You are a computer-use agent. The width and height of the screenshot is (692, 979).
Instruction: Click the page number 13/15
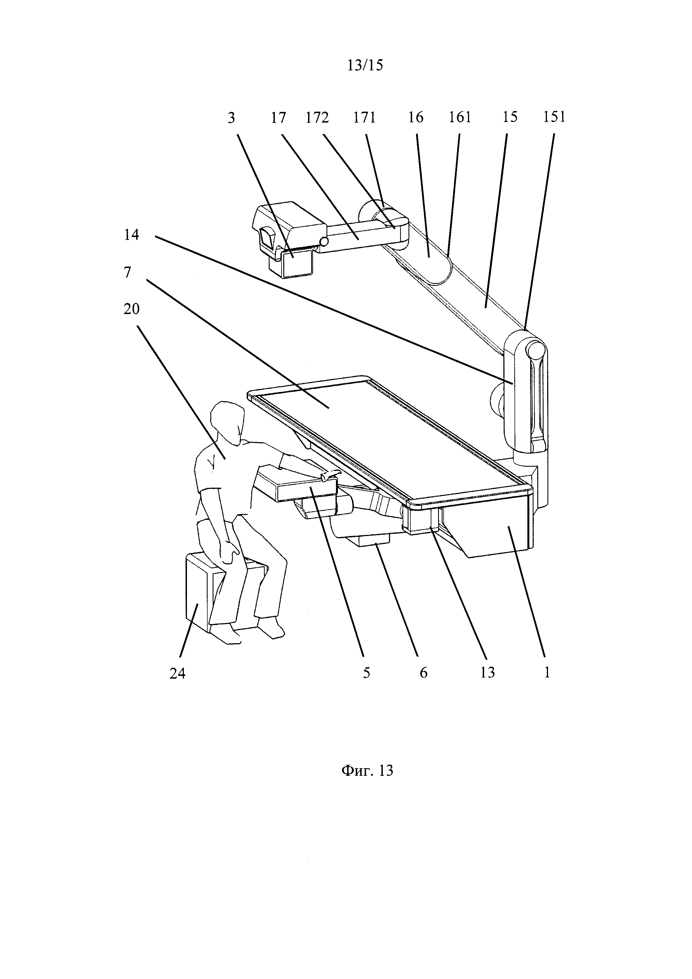click(365, 65)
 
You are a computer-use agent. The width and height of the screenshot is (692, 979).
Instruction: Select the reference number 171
click(364, 117)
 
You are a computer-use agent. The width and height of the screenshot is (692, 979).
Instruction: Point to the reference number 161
click(460, 117)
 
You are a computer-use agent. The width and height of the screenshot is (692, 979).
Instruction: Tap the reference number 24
click(178, 673)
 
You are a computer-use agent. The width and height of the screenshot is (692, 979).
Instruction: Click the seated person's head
click(229, 423)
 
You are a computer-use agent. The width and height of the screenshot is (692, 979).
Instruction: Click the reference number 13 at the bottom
click(487, 673)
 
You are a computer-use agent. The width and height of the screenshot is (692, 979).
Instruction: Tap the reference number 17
click(278, 117)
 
